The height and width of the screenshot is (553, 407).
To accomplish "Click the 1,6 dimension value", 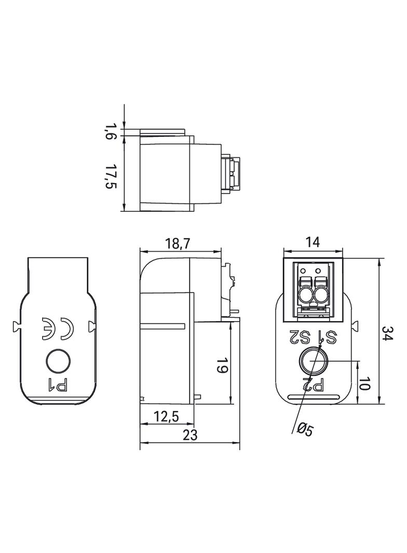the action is click(x=111, y=131).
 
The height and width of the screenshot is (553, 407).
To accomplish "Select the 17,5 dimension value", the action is click(x=111, y=176).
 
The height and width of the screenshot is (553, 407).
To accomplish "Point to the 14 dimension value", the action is click(x=313, y=242).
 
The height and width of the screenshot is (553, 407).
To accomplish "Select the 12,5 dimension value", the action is click(x=166, y=417).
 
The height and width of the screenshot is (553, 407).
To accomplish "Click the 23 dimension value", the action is click(x=190, y=435).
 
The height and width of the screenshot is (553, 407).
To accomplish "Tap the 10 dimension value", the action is click(x=364, y=383).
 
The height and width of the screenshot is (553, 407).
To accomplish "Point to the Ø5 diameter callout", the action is click(x=305, y=429).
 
